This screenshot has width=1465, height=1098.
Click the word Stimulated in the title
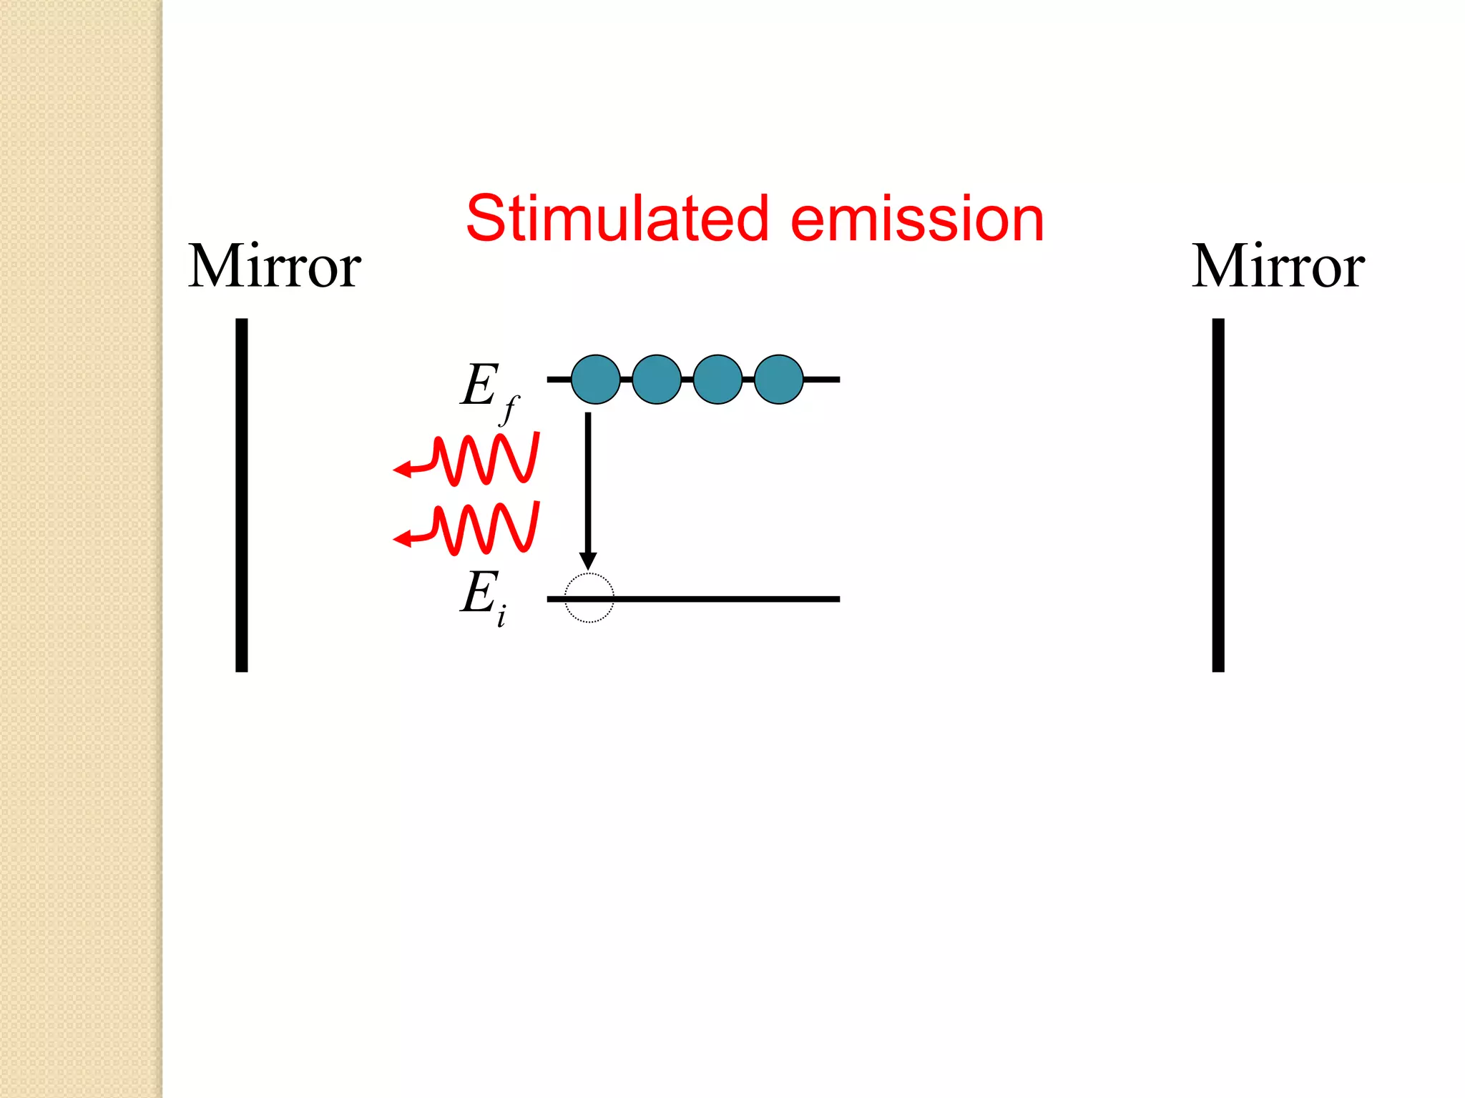[617, 219]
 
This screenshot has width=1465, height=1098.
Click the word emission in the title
[917, 219]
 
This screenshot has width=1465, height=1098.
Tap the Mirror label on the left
[275, 267]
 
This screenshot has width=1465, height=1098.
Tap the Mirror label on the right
[1278, 267]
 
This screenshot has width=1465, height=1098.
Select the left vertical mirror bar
[242, 495]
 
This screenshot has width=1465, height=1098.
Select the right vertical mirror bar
[1218, 495]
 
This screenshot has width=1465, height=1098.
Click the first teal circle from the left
[595, 380]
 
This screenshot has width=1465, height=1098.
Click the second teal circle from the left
[657, 380]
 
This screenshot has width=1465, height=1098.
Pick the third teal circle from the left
[717, 380]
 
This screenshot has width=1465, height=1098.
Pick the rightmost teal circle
[779, 380]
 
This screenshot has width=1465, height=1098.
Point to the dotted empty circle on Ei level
[589, 598]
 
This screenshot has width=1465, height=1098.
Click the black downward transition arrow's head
[588, 560]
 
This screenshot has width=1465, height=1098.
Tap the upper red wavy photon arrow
[469, 459]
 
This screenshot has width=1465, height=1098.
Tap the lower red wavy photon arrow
[469, 529]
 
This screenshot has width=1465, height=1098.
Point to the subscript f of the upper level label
[509, 410]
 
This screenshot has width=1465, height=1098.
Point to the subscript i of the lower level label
[501, 615]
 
